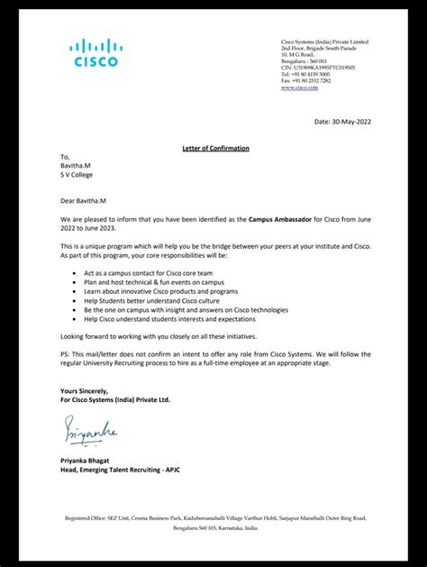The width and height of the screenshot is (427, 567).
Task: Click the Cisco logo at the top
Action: pyautogui.click(x=94, y=53)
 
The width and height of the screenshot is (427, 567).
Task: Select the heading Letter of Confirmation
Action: pyautogui.click(x=210, y=148)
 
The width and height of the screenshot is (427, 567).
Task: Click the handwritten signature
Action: pyautogui.click(x=89, y=434)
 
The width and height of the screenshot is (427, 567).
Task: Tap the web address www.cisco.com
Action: pyautogui.click(x=299, y=87)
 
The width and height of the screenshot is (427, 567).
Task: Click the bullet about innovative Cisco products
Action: pyautogui.click(x=148, y=291)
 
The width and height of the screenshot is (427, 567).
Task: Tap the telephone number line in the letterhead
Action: pyautogui.click(x=305, y=74)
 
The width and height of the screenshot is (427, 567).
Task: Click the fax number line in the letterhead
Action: pyautogui.click(x=305, y=81)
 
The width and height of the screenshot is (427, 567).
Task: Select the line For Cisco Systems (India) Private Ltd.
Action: pyautogui.click(x=114, y=398)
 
